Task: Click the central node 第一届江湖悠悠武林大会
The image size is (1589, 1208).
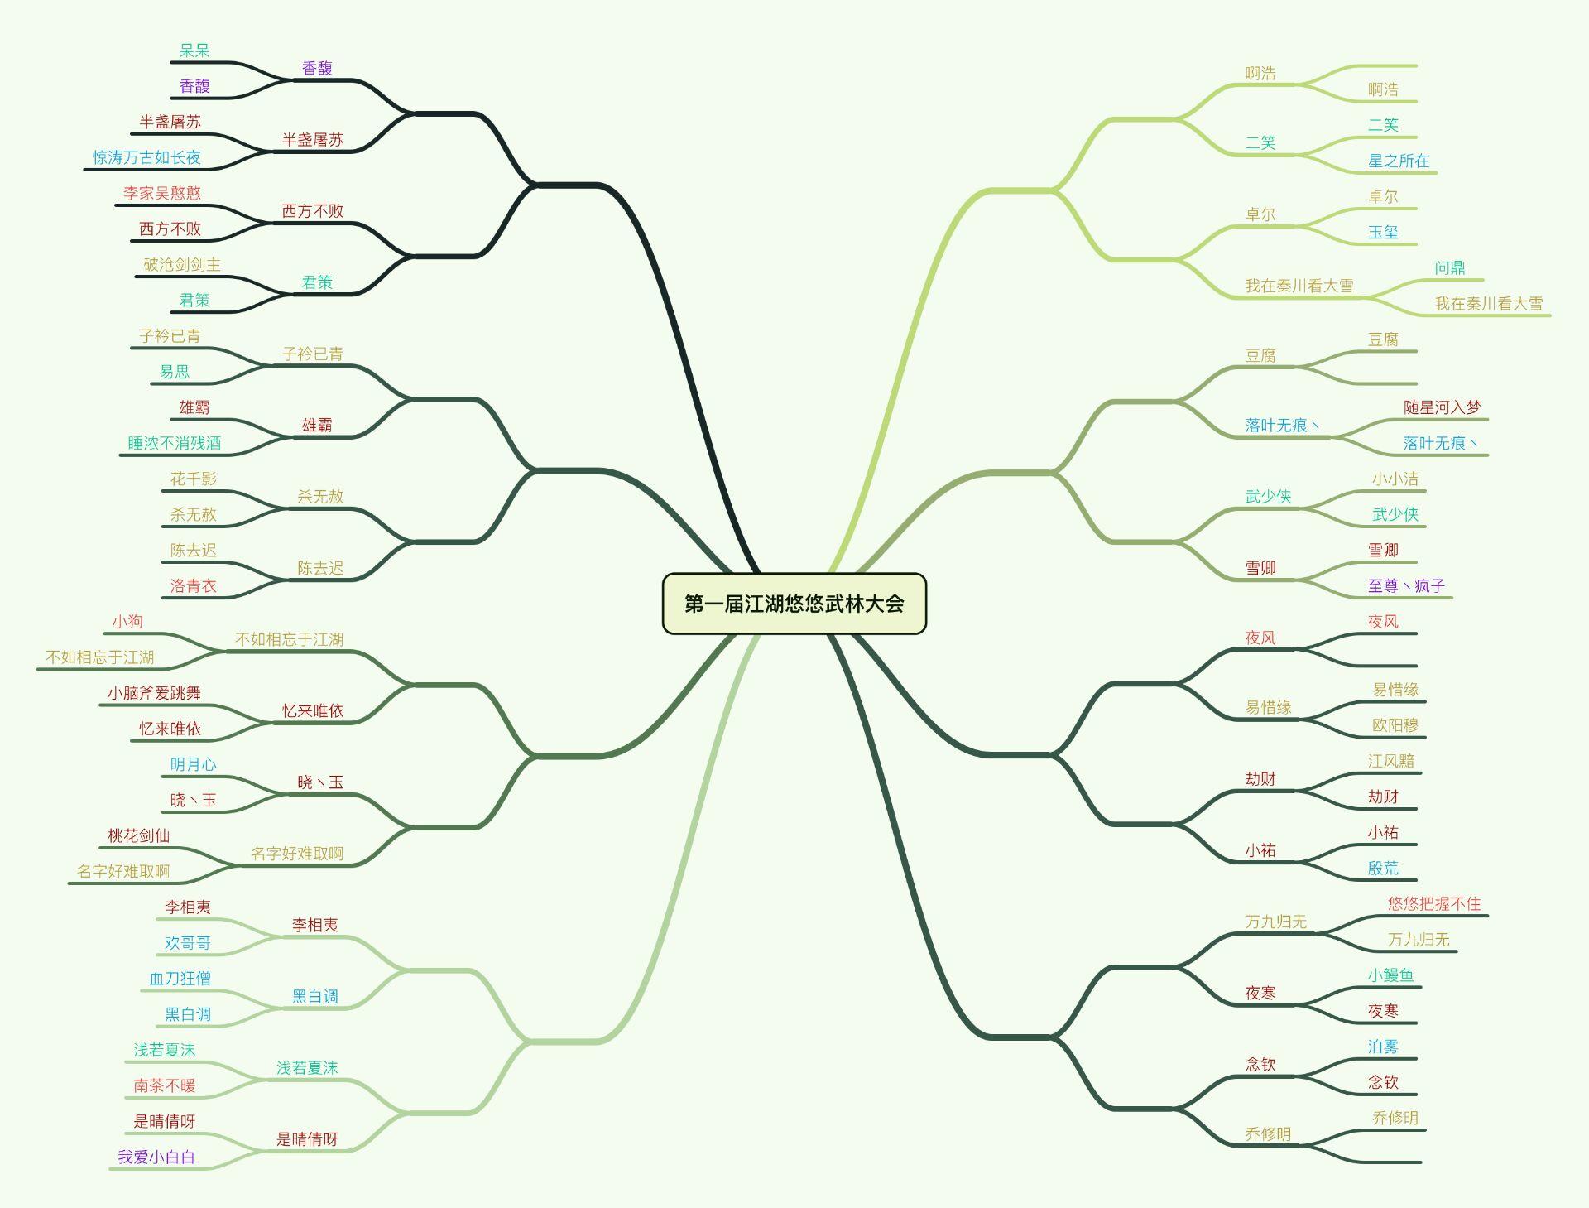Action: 794,604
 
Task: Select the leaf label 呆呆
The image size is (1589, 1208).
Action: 194,51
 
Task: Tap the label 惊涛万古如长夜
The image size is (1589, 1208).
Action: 146,157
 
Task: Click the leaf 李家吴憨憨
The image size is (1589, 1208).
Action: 162,193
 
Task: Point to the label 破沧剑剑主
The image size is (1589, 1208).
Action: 182,264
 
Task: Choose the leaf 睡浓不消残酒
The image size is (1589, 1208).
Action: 175,443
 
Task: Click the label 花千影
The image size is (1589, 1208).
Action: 194,479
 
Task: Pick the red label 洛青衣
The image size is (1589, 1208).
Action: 194,585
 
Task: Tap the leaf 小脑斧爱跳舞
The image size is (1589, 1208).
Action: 154,693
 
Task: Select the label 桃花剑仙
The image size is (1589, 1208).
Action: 139,835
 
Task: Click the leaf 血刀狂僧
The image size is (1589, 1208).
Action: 180,978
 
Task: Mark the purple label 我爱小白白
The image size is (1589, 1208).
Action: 156,1157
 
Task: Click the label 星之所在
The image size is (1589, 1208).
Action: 1399,161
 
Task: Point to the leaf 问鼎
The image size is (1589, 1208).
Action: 1450,267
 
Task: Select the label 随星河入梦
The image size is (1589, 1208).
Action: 1443,407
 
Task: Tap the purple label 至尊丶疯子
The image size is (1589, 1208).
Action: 1406,585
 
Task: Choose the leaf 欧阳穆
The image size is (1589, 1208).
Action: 1395,725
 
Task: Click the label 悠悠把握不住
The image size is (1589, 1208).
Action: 1434,903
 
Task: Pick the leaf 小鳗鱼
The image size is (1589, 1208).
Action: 1390,975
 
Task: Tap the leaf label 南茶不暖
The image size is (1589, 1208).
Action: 165,1085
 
